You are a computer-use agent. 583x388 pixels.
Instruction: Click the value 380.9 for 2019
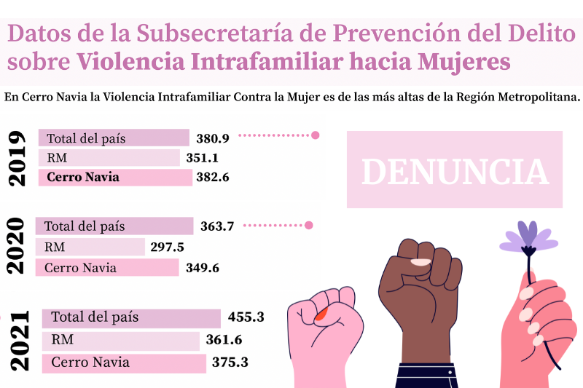(213, 138)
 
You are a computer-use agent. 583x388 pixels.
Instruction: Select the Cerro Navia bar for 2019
(115, 177)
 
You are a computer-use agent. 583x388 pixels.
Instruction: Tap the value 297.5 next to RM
(167, 248)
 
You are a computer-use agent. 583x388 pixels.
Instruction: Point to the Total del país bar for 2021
(131, 318)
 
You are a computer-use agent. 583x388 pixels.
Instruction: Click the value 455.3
(246, 317)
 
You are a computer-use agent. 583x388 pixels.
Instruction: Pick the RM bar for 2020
(91, 248)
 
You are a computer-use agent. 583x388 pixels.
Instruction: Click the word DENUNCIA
(455, 172)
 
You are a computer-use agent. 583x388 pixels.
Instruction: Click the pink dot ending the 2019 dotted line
(316, 135)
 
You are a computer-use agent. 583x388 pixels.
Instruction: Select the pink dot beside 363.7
(308, 226)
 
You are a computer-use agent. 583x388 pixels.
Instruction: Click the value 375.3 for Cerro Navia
(230, 362)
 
